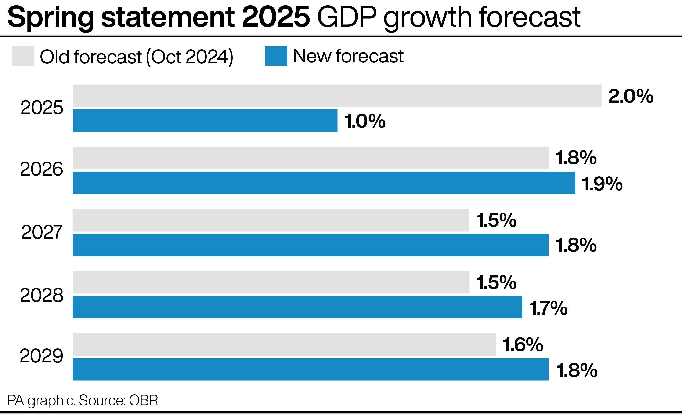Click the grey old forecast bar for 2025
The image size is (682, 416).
337,96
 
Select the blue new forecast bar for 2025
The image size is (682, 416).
205,121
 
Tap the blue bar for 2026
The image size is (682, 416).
324,183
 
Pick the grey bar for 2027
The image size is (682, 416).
271,220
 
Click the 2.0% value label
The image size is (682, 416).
631,96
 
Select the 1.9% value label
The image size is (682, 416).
602,184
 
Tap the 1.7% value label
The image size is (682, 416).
548,308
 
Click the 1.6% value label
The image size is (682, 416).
523,345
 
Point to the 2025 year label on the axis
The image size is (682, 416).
42,108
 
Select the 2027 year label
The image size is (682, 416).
42,232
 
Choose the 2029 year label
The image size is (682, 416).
42,356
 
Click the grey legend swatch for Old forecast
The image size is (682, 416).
23,56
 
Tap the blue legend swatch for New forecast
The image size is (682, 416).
276,56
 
